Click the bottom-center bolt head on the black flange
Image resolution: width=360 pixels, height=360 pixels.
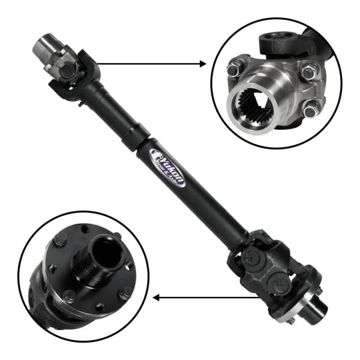pyautogui.click(x=70, y=295)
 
